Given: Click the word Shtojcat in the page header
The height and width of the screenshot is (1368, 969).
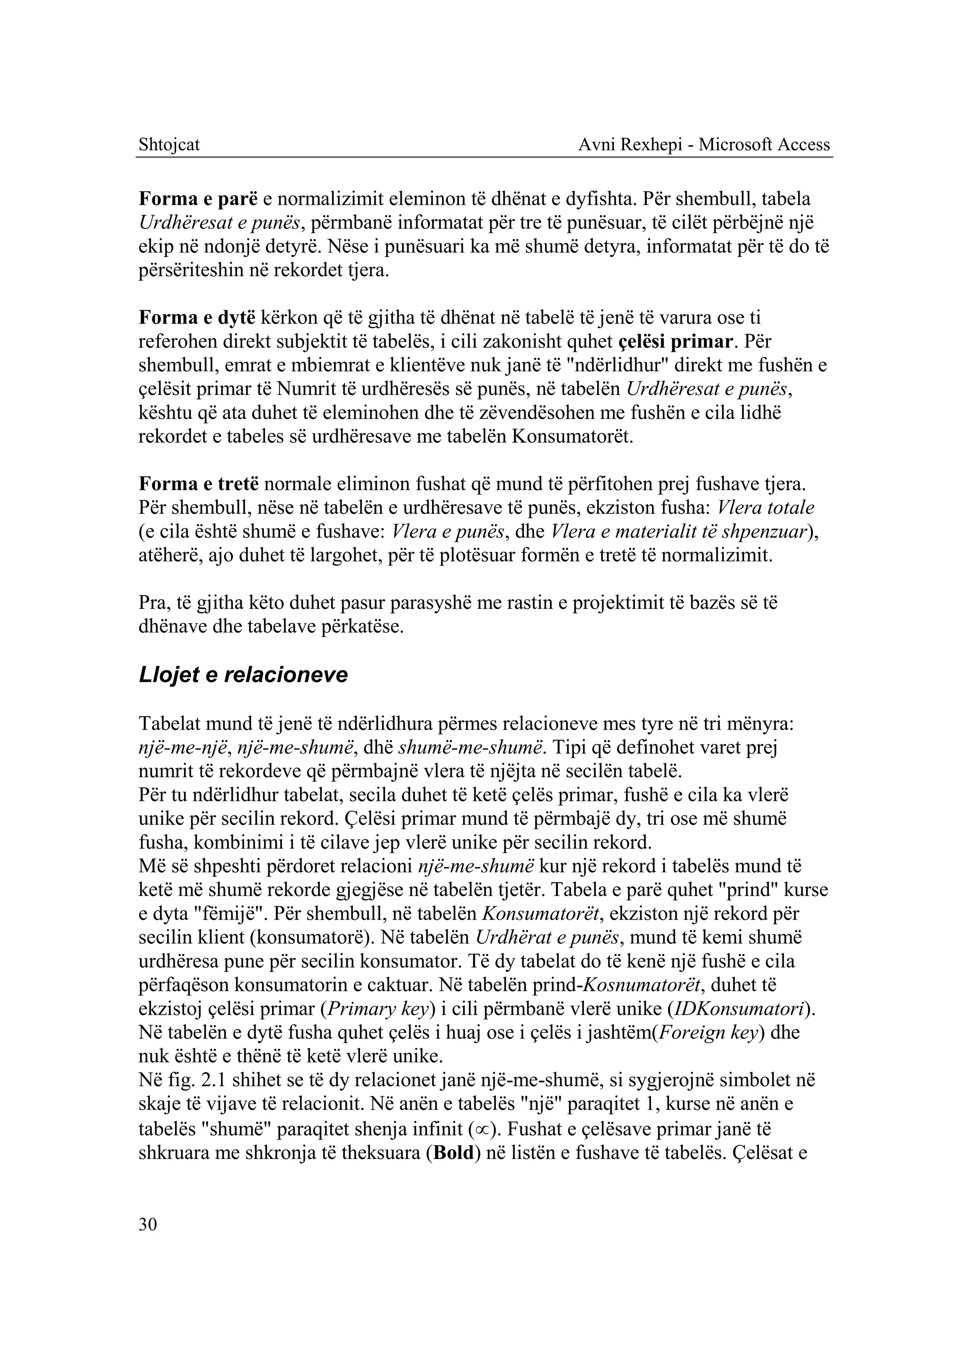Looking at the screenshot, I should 169,145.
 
